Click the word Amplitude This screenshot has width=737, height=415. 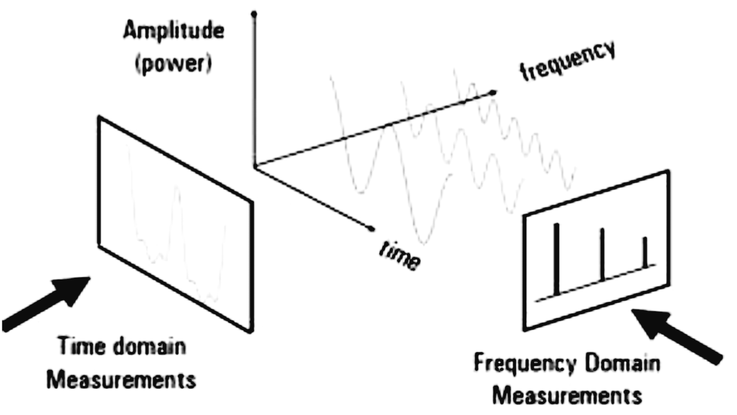point(173,32)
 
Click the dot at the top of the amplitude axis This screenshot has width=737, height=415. point(254,12)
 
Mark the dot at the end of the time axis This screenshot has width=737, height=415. point(371,228)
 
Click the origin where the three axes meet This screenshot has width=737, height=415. point(254,166)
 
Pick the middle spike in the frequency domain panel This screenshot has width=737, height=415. point(602,254)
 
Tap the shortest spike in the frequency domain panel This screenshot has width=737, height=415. point(645,252)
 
